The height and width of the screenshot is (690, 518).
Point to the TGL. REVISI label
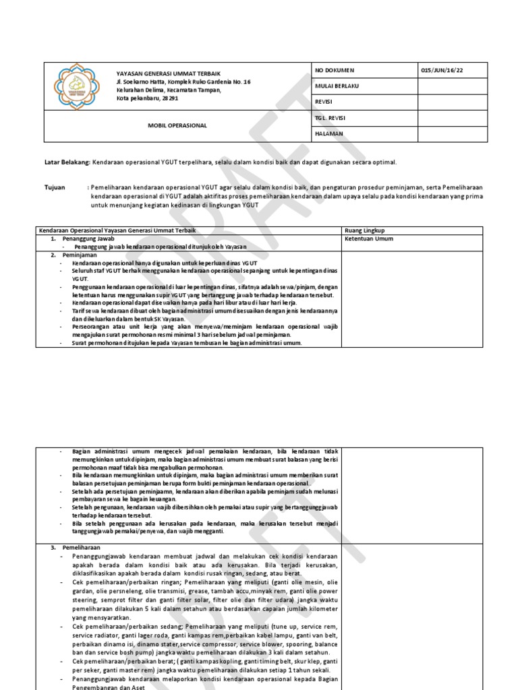click(331, 118)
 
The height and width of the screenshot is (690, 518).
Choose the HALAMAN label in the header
click(329, 133)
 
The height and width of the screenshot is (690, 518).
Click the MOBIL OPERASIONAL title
click(177, 125)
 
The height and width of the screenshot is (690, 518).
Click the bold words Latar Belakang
click(67, 162)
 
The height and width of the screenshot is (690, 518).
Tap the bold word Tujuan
click(55, 187)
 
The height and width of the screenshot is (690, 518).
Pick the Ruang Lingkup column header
click(364, 230)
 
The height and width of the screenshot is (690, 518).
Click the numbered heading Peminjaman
click(80, 255)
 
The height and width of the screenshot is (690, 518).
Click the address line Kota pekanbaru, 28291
click(148, 98)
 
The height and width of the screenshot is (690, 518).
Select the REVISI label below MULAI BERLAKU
click(325, 102)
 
